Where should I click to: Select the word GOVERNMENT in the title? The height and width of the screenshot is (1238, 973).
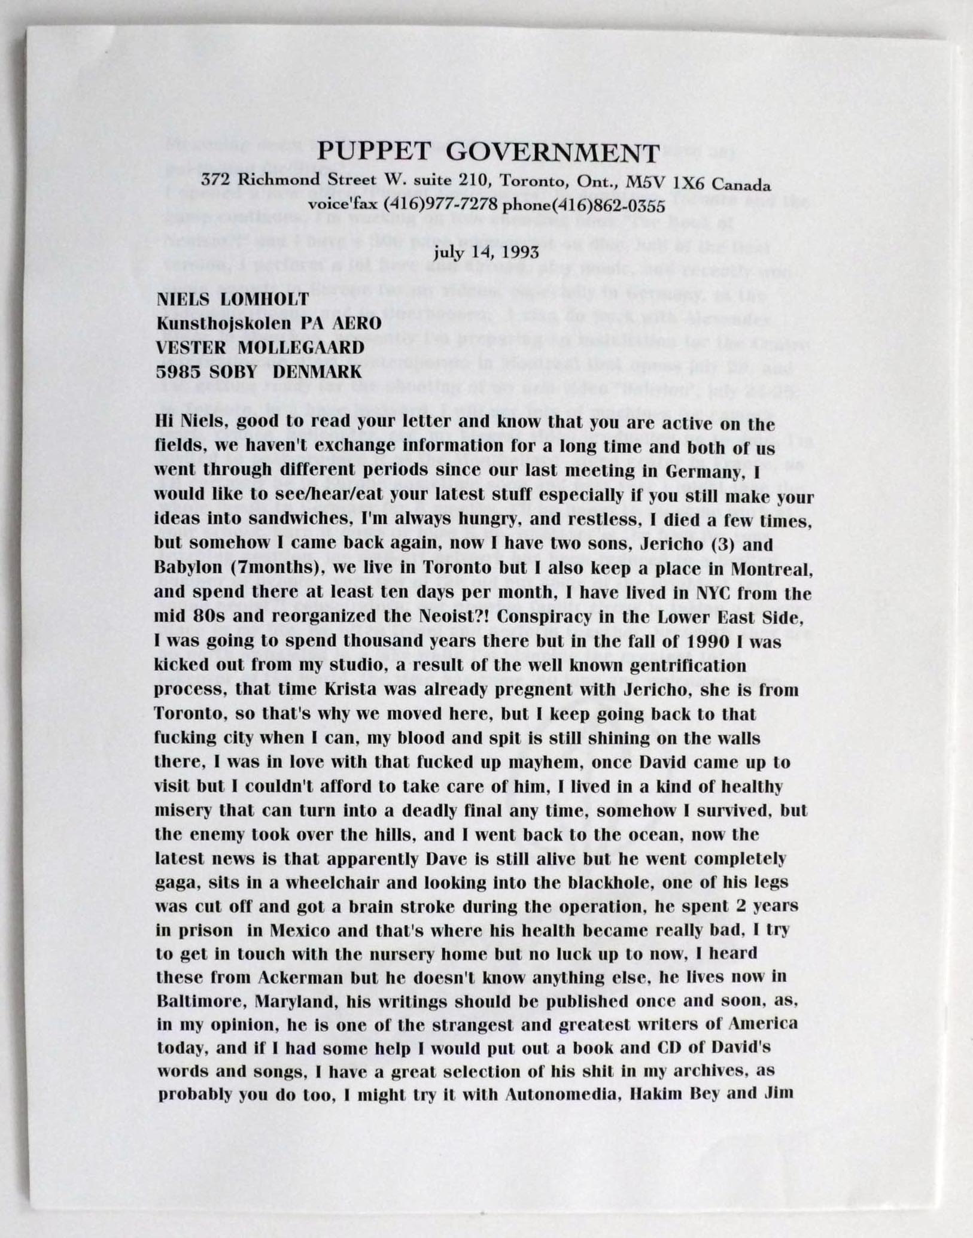click(553, 153)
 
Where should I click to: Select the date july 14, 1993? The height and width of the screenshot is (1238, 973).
click(488, 251)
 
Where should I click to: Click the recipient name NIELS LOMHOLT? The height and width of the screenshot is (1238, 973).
click(233, 299)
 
